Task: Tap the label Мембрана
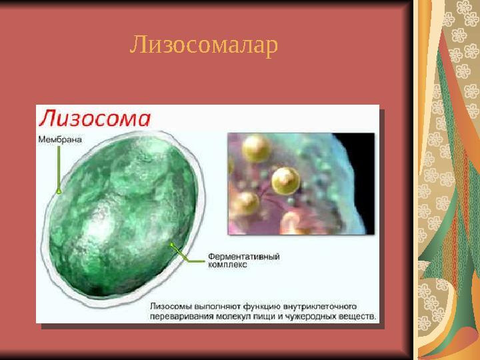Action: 59,139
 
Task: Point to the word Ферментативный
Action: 243,256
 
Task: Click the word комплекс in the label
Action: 227,265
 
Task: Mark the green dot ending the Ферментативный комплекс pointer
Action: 172,245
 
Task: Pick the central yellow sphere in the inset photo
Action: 285,179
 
